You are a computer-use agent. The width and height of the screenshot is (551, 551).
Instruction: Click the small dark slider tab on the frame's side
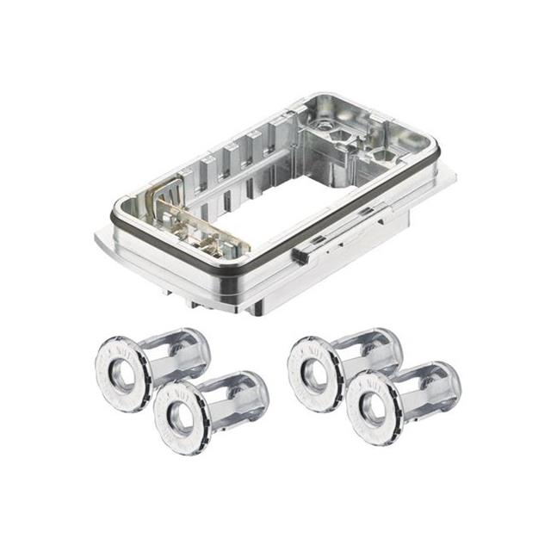pos(301,256)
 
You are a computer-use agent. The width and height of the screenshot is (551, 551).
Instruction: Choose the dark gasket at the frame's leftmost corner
pos(117,207)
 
